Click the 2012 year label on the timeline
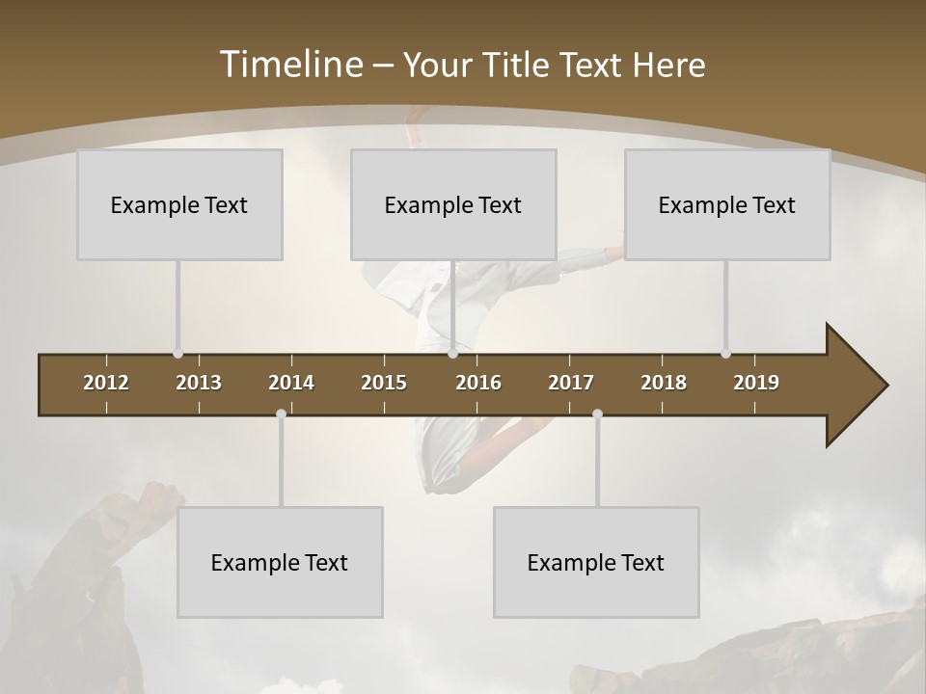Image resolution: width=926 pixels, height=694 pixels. (106, 383)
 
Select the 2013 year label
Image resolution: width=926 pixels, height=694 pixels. (199, 383)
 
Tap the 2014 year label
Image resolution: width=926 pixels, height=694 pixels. (291, 383)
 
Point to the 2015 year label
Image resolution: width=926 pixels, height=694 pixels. (384, 383)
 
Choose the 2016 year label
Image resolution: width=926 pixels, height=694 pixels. (478, 383)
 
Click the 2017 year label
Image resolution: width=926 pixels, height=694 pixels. (571, 383)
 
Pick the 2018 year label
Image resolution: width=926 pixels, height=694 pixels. (664, 383)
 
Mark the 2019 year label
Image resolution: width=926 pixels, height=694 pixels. (756, 383)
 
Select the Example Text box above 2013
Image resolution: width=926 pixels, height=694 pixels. (179, 204)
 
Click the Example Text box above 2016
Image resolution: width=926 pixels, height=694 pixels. (453, 204)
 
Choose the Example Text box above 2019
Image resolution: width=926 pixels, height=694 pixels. (727, 204)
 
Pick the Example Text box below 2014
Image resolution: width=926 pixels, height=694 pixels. (280, 562)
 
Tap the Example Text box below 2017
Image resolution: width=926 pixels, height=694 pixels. (596, 562)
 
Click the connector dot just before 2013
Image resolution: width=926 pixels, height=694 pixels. (177, 354)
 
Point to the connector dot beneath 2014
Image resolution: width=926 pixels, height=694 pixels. (281, 414)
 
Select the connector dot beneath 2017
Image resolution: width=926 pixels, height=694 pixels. (597, 414)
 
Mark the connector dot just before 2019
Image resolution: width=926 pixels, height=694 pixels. (725, 354)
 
